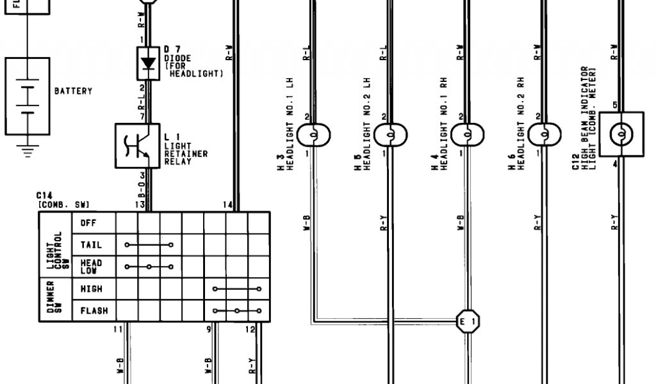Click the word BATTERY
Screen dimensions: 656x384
point(73,92)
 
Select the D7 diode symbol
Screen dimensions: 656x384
point(149,63)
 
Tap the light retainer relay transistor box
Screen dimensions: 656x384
point(136,147)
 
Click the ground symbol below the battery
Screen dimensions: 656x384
point(27,151)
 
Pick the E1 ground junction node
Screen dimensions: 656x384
point(466,321)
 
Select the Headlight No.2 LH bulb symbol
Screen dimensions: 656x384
point(391,135)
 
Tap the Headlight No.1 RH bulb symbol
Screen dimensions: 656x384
point(468,135)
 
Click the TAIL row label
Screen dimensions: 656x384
point(90,245)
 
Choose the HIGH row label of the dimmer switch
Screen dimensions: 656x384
point(91,289)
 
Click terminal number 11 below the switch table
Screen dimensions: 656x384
point(117,329)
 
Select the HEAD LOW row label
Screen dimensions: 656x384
point(91,267)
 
